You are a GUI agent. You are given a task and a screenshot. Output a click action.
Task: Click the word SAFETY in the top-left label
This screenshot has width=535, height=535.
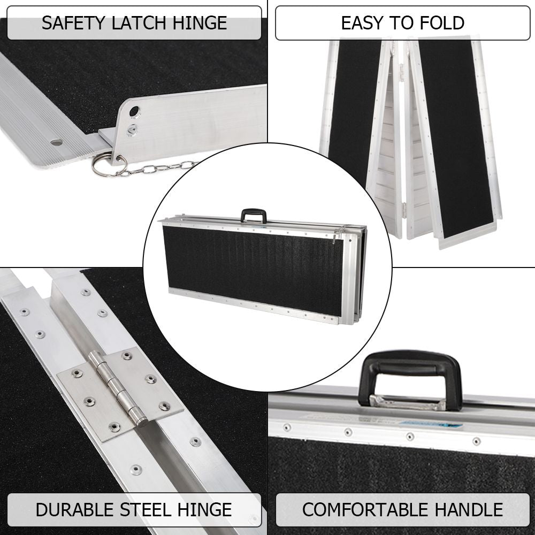point(73,23)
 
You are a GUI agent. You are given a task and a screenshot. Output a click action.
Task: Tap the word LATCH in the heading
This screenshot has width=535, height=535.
point(140,23)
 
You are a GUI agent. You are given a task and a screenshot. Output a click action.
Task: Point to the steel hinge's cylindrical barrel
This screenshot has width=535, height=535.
point(117,389)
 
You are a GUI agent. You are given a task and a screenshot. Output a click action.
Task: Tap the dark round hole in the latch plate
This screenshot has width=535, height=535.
point(134,111)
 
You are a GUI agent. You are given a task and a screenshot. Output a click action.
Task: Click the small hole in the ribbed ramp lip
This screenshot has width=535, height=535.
point(57,142)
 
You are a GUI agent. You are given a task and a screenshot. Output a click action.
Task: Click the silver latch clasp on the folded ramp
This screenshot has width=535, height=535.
point(338,235)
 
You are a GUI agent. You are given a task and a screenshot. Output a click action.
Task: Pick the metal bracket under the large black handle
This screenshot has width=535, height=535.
point(408,403)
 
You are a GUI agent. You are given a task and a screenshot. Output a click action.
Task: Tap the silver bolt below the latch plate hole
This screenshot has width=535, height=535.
point(131,129)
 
